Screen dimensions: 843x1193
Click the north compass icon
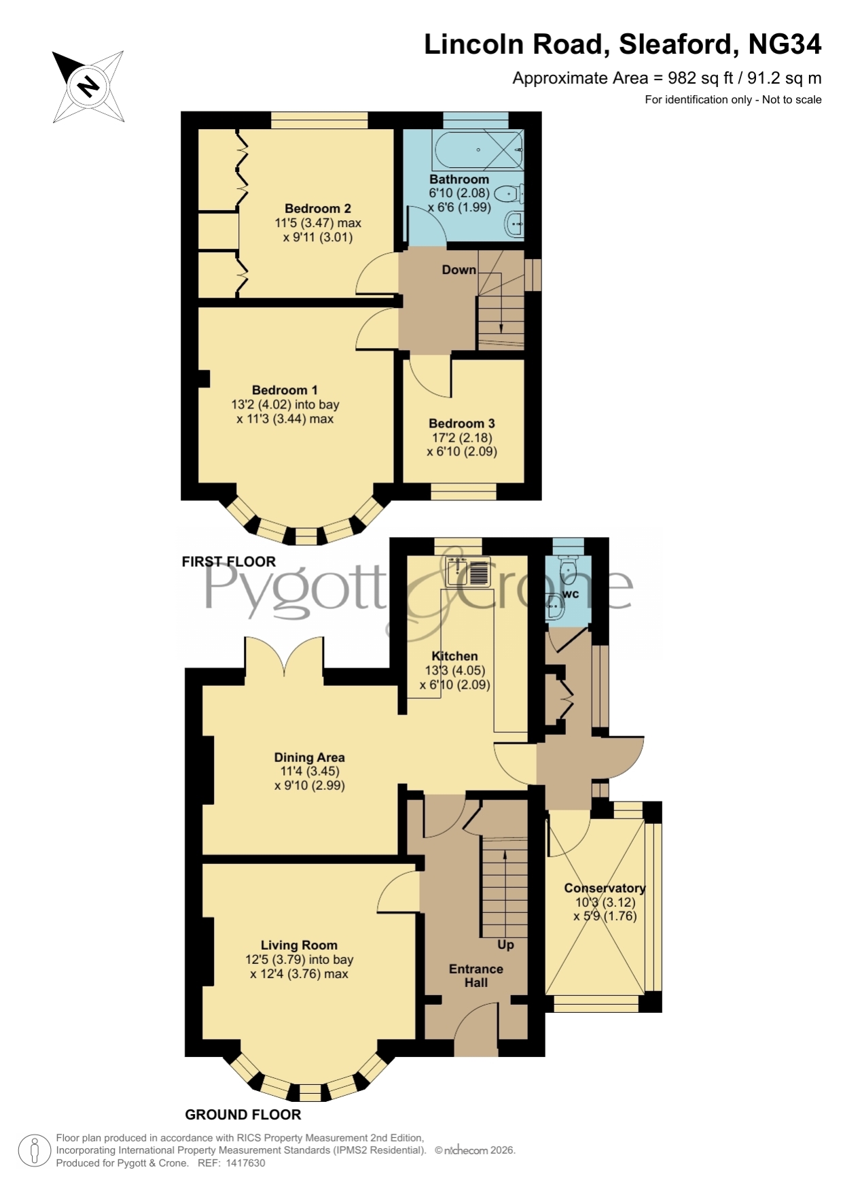[x=88, y=86]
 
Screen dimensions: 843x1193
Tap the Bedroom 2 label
[x=318, y=209]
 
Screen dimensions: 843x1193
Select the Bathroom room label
[x=459, y=179]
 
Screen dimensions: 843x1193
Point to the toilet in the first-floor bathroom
[x=509, y=194]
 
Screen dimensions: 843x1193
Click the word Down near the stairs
[x=459, y=270]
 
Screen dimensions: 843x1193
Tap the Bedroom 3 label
[x=462, y=423]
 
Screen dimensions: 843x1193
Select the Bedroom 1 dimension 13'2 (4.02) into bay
[x=285, y=404]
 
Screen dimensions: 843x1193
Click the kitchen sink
[x=468, y=572]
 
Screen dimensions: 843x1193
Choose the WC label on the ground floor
[x=571, y=594]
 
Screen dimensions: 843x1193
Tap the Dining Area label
[x=310, y=757]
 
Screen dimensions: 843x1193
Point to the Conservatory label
[x=605, y=888]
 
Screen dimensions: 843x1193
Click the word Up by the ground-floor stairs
[x=506, y=945]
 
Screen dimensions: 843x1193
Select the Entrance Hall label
[x=476, y=975]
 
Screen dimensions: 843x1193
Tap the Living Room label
[x=299, y=945]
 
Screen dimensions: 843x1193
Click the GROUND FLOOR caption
[x=243, y=1115]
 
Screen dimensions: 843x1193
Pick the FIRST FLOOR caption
[x=229, y=561]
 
